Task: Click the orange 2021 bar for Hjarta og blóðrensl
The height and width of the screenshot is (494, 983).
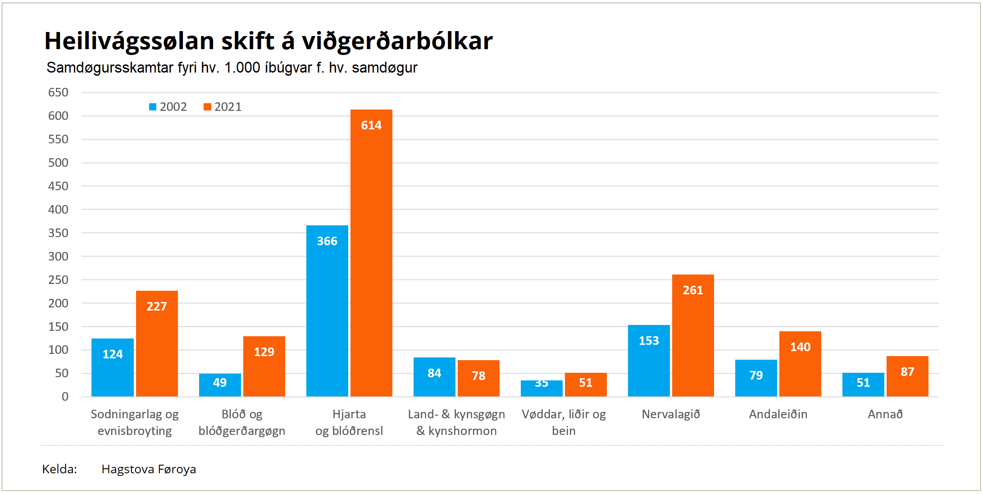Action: [x=371, y=252]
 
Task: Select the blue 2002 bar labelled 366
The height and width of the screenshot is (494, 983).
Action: [x=327, y=311]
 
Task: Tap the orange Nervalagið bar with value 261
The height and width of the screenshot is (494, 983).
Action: [x=693, y=336]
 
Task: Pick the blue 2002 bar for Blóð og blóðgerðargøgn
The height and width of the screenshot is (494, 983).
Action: [x=220, y=385]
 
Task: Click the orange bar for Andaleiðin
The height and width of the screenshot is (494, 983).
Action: [x=800, y=364]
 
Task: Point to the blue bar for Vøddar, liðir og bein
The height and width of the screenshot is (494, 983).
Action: [x=542, y=389]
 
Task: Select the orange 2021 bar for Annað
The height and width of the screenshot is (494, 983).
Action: [x=907, y=376]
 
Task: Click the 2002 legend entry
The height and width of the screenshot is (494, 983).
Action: [x=168, y=107]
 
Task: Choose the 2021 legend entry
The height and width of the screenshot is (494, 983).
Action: [x=223, y=107]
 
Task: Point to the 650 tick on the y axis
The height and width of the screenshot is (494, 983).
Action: [x=59, y=92]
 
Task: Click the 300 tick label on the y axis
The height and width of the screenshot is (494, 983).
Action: [x=59, y=256]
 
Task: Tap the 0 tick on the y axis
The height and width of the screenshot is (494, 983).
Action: [x=65, y=397]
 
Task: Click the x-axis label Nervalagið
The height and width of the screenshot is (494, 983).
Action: [x=671, y=414]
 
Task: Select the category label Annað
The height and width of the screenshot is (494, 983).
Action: [x=885, y=414]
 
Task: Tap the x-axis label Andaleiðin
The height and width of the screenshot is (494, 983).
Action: [x=778, y=414]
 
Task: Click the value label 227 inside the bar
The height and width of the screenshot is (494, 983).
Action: [x=157, y=306]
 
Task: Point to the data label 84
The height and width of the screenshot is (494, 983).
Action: [x=434, y=373]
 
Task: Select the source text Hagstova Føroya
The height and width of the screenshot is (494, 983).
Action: [x=149, y=469]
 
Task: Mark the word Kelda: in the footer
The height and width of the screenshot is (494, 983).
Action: [x=59, y=469]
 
